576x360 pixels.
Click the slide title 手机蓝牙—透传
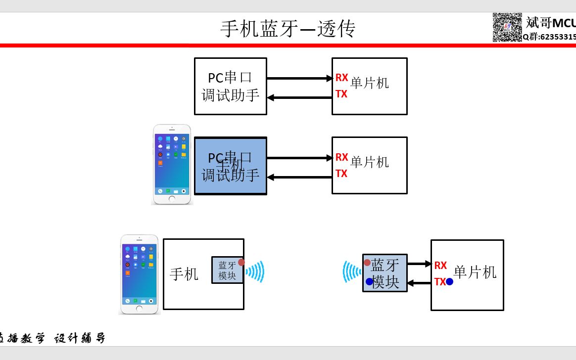pyautogui.click(x=288, y=29)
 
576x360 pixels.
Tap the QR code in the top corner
pyautogui.click(x=507, y=27)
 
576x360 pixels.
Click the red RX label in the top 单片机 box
pyautogui.click(x=342, y=78)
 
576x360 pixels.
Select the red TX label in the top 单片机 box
pyautogui.click(x=341, y=94)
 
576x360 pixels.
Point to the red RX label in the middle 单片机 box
pyautogui.click(x=342, y=157)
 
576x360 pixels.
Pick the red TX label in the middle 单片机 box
pyautogui.click(x=341, y=174)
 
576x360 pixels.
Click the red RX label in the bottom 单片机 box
pyautogui.click(x=440, y=266)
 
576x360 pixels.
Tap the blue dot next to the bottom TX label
pyautogui.click(x=449, y=282)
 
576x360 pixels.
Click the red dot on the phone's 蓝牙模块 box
pyautogui.click(x=241, y=262)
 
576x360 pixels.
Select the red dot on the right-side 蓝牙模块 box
pyautogui.click(x=367, y=263)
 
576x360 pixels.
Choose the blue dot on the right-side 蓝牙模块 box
pyautogui.click(x=369, y=281)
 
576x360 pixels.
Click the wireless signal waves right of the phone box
pyautogui.click(x=255, y=271)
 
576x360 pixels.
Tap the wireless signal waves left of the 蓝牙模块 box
pyautogui.click(x=352, y=272)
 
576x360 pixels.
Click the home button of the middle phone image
pyautogui.click(x=172, y=199)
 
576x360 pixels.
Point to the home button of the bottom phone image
pyautogui.click(x=139, y=309)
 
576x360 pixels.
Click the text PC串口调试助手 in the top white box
pyautogui.click(x=231, y=86)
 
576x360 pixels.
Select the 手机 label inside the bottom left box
pyautogui.click(x=184, y=274)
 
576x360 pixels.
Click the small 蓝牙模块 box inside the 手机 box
pyautogui.click(x=227, y=270)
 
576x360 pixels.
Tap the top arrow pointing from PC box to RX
pyautogui.click(x=299, y=78)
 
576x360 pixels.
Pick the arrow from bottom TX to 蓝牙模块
pyautogui.click(x=419, y=283)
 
